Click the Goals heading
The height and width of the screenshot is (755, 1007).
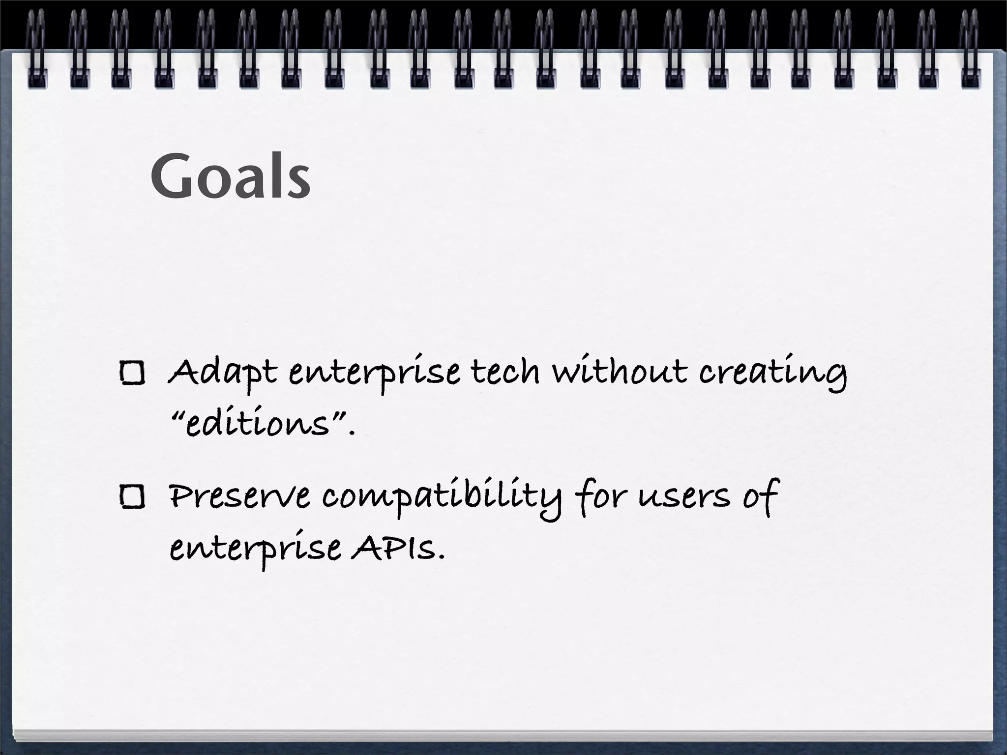[230, 176]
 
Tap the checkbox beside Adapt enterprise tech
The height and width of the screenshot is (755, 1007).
[132, 373]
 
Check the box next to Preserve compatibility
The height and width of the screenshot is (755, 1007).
[132, 497]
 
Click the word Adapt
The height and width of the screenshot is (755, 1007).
[222, 374]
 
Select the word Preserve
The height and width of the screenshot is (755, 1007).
[239, 496]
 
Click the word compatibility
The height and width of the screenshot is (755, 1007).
[442, 497]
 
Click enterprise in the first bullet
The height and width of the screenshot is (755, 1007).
[374, 375]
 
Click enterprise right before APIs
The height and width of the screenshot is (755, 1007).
[255, 550]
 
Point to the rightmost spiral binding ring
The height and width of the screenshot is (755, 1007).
[970, 49]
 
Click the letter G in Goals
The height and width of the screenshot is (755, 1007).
[171, 176]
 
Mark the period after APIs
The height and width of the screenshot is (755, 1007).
[441, 558]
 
